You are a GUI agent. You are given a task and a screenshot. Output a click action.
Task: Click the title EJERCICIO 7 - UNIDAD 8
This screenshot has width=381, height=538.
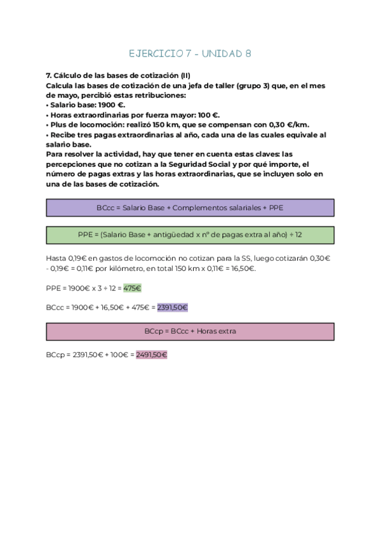(x=190, y=54)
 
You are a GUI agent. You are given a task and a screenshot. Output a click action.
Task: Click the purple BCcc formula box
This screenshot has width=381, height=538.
(x=190, y=207)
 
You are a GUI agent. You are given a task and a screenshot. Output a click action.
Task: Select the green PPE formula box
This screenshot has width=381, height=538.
(x=190, y=235)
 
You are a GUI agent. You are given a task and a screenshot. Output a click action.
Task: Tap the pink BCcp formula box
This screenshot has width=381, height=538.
(x=190, y=332)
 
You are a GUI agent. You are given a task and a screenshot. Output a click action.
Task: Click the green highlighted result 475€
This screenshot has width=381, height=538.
(x=132, y=288)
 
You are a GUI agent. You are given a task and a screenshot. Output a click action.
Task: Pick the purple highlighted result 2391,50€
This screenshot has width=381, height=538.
(x=172, y=307)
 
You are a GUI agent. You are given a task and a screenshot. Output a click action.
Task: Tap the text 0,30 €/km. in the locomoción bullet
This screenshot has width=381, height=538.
(x=286, y=125)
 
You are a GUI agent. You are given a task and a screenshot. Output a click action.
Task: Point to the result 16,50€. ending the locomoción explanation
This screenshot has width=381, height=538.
(x=243, y=269)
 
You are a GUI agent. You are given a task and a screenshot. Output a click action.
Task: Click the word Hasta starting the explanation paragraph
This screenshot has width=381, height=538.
(x=56, y=259)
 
